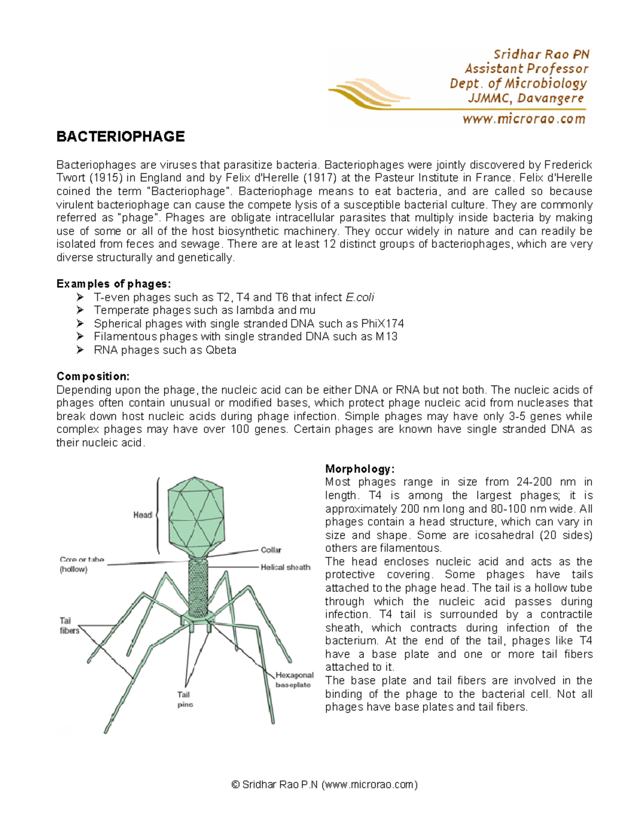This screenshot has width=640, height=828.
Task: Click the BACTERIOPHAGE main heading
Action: coord(121,137)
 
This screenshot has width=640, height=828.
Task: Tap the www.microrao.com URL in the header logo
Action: coord(524,119)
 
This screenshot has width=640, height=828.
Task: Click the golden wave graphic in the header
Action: coord(368,94)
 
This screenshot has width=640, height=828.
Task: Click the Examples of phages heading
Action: coord(114,284)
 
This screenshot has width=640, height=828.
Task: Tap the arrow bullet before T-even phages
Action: coord(81,297)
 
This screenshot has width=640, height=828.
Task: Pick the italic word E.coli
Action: coord(360,298)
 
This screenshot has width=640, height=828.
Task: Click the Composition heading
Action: coord(93,377)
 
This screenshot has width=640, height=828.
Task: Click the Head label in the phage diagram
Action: coord(142,515)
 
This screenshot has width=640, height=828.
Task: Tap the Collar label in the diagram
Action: coord(271,550)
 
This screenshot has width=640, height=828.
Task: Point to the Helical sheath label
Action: coord(285,567)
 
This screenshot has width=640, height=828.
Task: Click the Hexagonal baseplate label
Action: coord(294,680)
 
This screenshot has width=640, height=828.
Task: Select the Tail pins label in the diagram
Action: coord(185,700)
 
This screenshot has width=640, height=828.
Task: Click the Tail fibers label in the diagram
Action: coord(69,625)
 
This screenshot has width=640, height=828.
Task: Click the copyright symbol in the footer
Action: coord(235,784)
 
